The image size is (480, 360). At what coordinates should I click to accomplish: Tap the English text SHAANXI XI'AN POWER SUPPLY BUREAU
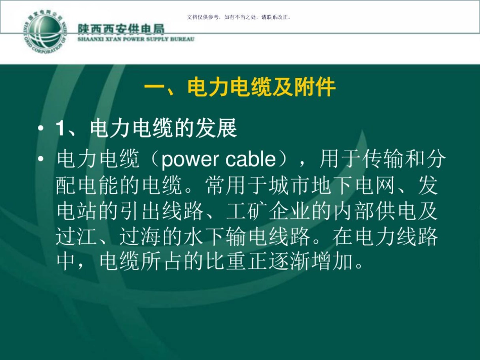135,39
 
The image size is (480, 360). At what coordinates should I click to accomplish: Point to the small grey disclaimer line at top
239,17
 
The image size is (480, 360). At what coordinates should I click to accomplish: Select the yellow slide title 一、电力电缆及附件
240,88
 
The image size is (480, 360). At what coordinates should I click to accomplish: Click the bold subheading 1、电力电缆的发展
147,129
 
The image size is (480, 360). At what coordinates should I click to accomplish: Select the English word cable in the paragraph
248,160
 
